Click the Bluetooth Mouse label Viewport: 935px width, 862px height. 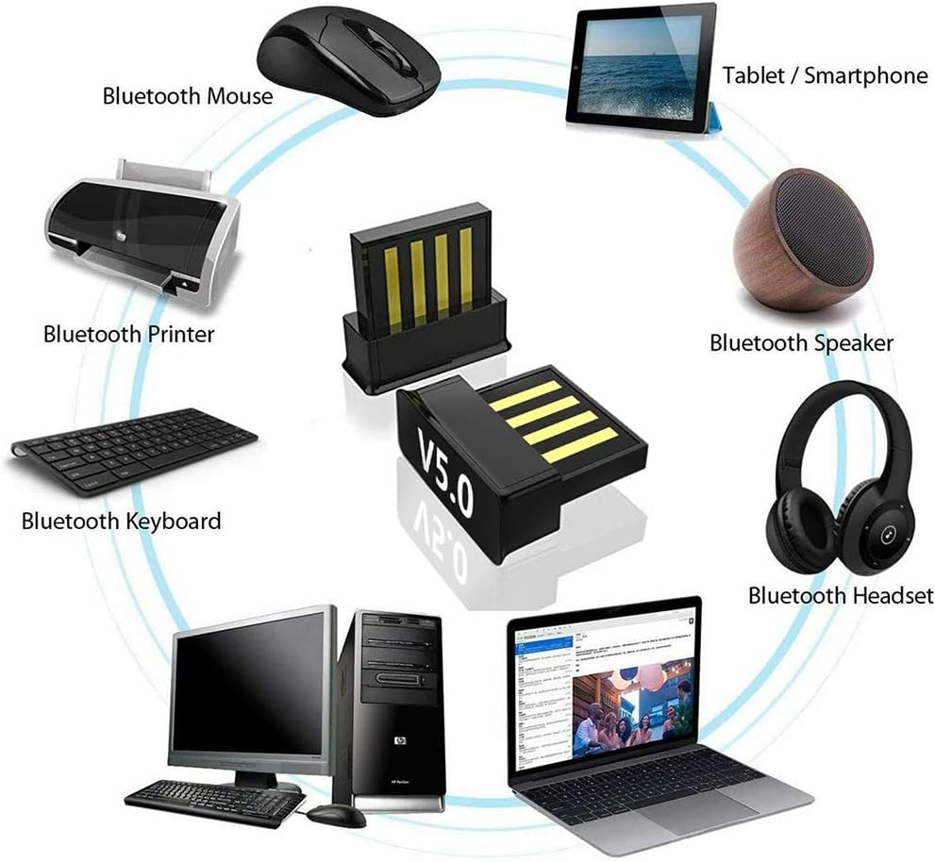pos(187,95)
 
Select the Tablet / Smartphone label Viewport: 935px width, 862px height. pos(825,75)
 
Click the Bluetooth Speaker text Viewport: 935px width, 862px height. pos(801,342)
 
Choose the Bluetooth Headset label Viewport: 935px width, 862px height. pos(840,595)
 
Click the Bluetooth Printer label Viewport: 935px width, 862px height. pos(128,334)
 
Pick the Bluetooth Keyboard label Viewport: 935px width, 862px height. pos(121,521)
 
